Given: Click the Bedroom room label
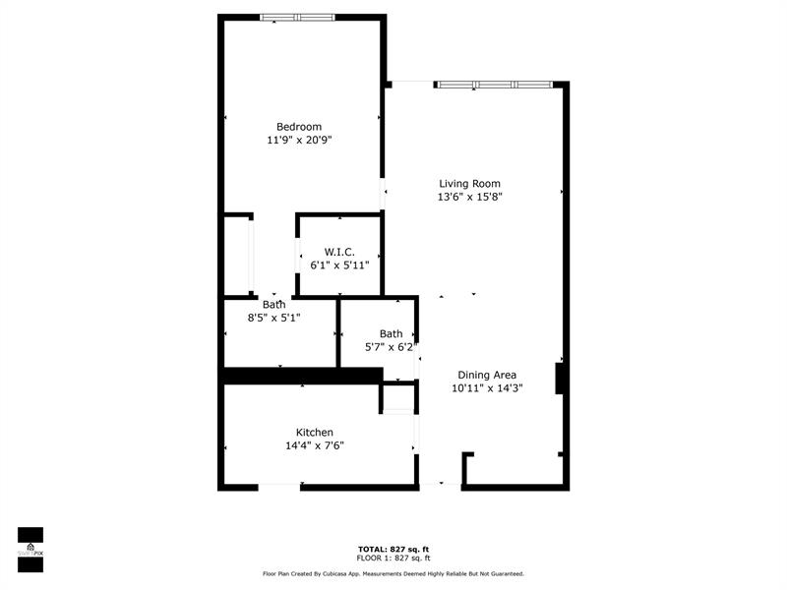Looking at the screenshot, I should [299, 127].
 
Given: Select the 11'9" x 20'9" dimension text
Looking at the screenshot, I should [299, 141].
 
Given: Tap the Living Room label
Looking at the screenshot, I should [469, 184].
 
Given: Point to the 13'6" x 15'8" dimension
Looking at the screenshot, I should [469, 197].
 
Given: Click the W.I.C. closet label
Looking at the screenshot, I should [339, 252].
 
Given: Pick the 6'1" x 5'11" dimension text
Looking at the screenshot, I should [339, 265].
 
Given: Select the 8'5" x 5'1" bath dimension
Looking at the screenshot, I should [273, 318].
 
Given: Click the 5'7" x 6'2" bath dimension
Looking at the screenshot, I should [391, 347].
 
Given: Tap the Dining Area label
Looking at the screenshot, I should [487, 375].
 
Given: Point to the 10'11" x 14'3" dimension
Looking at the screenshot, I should [487, 388].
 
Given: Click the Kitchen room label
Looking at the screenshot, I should [315, 433].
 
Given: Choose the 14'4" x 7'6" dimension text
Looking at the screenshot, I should [315, 445].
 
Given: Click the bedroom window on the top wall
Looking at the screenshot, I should [297, 17].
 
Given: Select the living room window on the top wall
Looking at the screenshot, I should [495, 85].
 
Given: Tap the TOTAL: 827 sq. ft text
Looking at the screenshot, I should [393, 549].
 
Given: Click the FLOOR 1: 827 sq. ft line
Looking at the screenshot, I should [393, 558].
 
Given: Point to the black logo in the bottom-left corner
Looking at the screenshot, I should [30, 543].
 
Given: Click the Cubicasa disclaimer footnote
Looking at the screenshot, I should [393, 573].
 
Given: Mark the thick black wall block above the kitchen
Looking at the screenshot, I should [300, 375].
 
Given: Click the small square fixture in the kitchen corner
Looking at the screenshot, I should [396, 399].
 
